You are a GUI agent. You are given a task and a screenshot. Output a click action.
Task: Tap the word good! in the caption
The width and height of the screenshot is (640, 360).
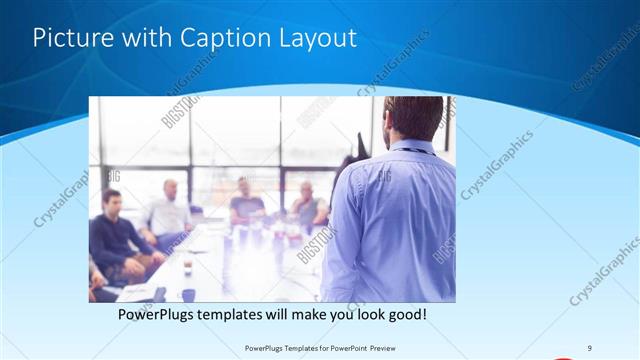click(404, 315)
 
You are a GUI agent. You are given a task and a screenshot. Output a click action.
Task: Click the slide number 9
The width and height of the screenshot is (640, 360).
click(589, 347)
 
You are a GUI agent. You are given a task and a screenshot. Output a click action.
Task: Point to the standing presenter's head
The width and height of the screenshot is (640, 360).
click(412, 117)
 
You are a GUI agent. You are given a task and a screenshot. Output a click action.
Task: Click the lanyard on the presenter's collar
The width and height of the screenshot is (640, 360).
click(410, 151)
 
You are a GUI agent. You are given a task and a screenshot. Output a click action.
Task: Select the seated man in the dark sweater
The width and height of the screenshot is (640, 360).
click(115, 235)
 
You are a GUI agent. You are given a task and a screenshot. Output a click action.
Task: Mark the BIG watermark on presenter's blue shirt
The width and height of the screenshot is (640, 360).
click(384, 177)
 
